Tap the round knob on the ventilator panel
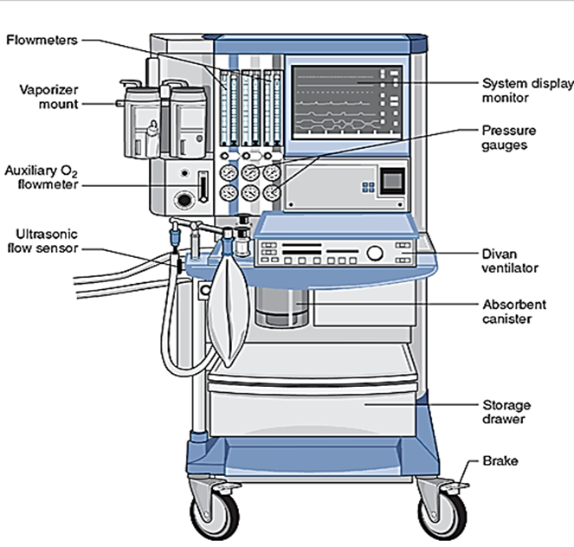[x=375, y=253]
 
